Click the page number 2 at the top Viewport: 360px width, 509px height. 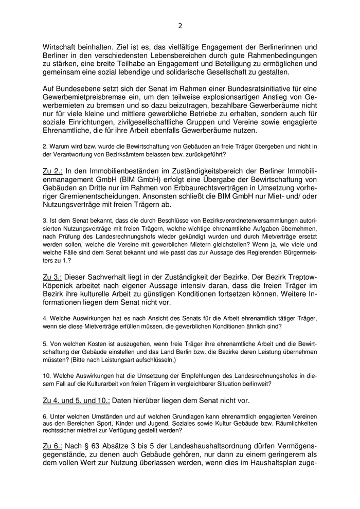(x=180, y=25)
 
